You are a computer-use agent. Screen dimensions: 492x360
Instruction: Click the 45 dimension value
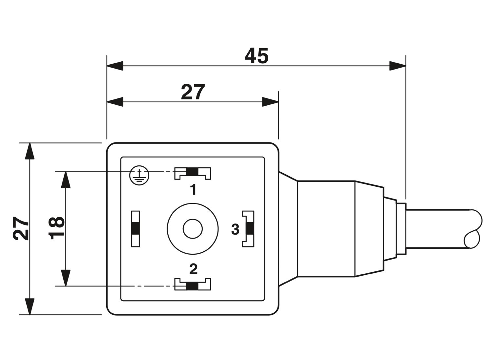tap(256, 56)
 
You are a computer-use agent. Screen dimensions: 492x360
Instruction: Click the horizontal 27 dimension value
tap(193, 92)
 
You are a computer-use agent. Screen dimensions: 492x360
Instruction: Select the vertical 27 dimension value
tap(21, 228)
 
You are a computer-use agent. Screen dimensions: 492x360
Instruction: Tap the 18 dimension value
tap(56, 228)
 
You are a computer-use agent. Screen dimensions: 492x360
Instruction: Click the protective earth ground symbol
tap(139, 175)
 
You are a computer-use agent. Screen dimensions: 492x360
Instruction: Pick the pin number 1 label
tap(193, 190)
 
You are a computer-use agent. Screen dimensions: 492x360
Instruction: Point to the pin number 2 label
tap(193, 269)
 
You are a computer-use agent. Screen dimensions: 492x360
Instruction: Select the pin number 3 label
tap(235, 229)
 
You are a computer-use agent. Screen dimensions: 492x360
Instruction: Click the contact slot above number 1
tap(193, 173)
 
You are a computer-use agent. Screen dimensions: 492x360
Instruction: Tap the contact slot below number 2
tap(193, 284)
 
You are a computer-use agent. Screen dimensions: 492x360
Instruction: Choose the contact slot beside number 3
tap(248, 229)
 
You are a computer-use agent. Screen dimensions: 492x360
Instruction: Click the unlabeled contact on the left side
tap(135, 229)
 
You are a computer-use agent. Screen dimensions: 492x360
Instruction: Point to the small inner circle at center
tap(193, 229)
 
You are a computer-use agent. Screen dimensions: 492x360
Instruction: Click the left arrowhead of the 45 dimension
tap(115, 66)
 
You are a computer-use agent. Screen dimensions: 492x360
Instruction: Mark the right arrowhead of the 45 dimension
tap(398, 66)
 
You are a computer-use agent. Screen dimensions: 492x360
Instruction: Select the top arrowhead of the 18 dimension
tap(66, 180)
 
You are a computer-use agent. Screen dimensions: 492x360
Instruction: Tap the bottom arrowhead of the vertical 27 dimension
tap(30, 307)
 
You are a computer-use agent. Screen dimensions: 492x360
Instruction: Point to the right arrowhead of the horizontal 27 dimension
tap(270, 102)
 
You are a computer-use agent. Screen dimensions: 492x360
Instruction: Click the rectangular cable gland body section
tap(326, 229)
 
